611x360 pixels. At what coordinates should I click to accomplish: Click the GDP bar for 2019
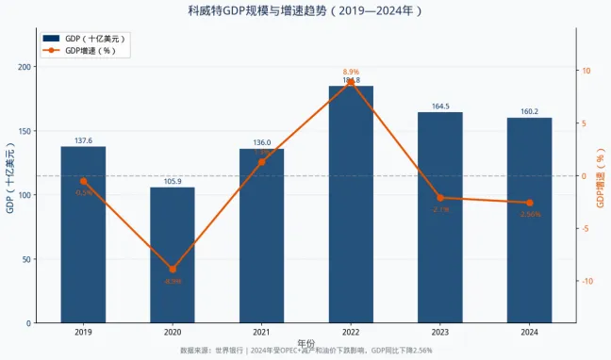[x=83, y=235]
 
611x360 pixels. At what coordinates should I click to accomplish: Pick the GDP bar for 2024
[x=529, y=221]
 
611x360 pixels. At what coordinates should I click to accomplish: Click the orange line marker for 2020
[x=173, y=270]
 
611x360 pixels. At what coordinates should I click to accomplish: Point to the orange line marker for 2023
[x=440, y=198]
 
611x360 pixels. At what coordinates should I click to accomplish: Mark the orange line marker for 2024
[x=529, y=203]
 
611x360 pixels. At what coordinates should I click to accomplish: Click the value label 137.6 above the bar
[x=83, y=140]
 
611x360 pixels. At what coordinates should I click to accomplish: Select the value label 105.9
[x=173, y=181]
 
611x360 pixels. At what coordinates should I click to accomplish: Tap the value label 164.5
[x=440, y=106]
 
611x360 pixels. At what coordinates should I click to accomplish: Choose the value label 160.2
[x=529, y=111]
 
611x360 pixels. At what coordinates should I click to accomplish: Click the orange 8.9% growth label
[x=351, y=72]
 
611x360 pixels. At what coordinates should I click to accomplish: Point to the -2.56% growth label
[x=529, y=214]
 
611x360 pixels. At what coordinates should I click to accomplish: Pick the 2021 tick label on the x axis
[x=261, y=332]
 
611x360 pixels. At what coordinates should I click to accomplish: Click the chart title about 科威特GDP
[x=305, y=11]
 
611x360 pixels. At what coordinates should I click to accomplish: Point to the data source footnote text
[x=305, y=351]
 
